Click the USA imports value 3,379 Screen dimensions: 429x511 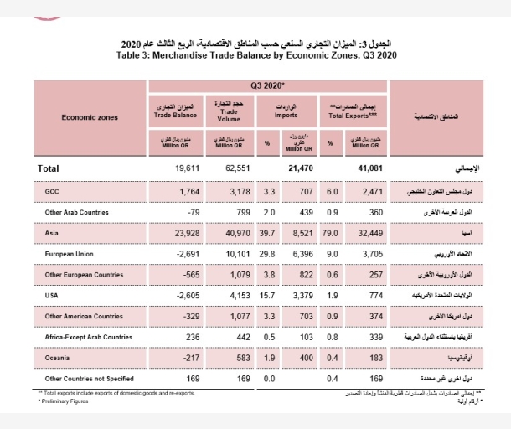[301, 294]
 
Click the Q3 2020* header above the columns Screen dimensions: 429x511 [267, 85]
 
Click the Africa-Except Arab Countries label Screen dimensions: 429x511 [88, 336]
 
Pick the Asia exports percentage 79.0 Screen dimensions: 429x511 [331, 232]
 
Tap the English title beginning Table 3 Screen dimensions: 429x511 [256, 55]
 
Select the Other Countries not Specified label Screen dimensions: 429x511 [88, 377]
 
